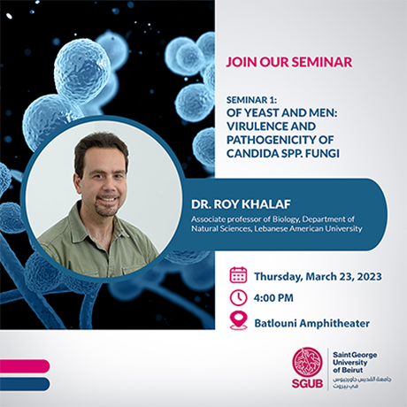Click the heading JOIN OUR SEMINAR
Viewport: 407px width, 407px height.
tap(288, 62)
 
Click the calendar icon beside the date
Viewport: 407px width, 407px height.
tap(238, 274)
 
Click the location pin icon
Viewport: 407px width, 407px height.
tap(238, 321)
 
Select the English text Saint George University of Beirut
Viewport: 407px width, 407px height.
tap(357, 359)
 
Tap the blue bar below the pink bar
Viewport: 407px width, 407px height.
tap(22, 383)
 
